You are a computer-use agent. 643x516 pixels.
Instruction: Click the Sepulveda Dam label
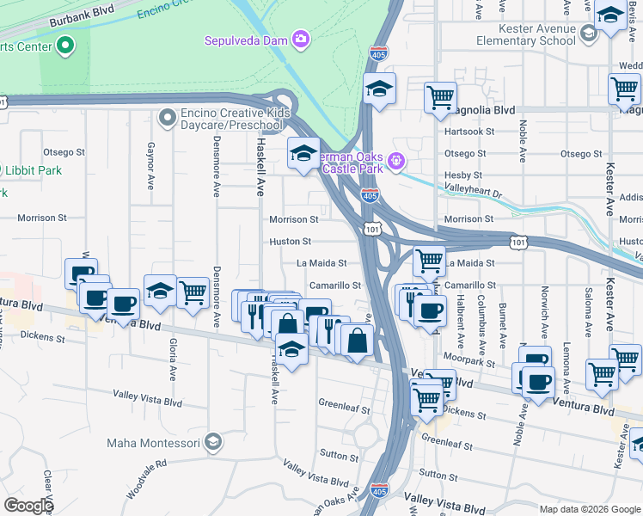246,40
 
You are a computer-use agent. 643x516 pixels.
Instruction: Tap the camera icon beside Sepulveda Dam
300,39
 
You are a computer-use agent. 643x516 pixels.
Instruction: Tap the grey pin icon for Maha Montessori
213,443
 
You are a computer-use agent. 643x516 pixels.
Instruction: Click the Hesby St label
463,175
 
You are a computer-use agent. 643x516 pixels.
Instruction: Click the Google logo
28,506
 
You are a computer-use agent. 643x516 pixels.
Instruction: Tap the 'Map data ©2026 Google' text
590,509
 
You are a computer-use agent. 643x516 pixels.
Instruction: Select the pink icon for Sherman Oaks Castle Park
395,160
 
